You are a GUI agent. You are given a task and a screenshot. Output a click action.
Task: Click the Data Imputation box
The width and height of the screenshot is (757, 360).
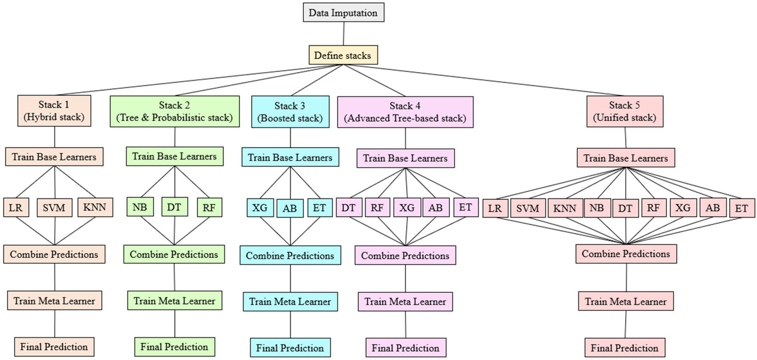[x=344, y=12]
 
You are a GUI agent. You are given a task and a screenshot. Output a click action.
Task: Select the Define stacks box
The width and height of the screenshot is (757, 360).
[x=343, y=55]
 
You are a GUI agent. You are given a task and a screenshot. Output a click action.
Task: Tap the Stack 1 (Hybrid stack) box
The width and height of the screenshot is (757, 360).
[x=54, y=111]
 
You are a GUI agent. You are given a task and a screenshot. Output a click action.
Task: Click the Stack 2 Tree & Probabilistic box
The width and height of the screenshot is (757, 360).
[x=174, y=111]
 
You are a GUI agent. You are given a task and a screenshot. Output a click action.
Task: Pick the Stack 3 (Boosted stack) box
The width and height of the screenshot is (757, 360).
[x=290, y=112]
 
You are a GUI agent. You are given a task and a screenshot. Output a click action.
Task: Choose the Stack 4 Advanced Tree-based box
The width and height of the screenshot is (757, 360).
[x=405, y=112]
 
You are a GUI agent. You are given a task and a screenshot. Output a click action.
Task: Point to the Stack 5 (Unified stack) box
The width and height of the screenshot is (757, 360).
[x=624, y=111]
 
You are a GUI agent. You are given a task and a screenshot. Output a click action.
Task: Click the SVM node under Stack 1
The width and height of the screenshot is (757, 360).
[x=54, y=208]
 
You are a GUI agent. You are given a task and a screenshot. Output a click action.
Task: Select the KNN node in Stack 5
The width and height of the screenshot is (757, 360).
[x=565, y=209]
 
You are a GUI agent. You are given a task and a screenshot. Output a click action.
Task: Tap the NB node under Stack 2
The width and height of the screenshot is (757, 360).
[x=140, y=207]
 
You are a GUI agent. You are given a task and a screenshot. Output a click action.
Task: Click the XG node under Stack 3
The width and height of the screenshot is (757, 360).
[x=260, y=208]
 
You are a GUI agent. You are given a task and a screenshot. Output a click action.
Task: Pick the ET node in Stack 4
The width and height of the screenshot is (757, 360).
[x=466, y=207]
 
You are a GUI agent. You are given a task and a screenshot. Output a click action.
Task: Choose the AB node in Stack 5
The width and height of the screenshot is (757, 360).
[x=713, y=208]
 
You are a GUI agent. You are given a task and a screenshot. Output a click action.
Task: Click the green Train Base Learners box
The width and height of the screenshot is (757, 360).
[x=174, y=156]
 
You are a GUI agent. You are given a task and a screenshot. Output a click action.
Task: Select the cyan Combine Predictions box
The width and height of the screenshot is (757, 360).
[x=290, y=256]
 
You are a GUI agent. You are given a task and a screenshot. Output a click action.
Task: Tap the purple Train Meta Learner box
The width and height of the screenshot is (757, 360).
[x=405, y=301]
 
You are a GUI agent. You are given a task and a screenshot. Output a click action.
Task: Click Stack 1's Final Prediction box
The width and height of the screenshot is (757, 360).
[x=54, y=347]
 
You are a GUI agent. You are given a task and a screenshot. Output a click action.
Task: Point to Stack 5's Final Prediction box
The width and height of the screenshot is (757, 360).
[x=624, y=348]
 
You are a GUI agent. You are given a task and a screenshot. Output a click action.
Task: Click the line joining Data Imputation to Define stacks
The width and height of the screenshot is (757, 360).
[x=344, y=34]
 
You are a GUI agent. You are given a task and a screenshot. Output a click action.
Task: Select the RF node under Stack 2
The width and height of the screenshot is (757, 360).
[x=209, y=208]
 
